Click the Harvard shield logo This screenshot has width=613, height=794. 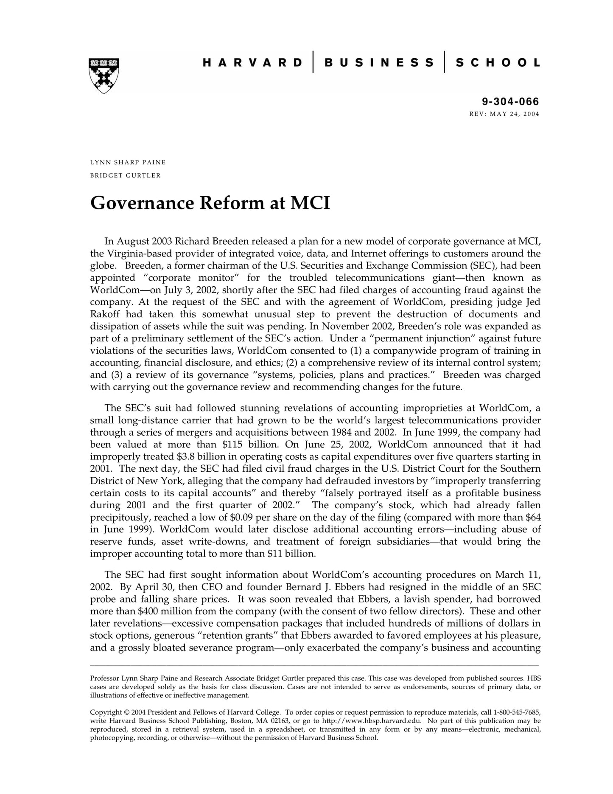pos(104,76)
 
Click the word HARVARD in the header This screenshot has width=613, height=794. pos(252,63)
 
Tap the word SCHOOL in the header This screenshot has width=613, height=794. pos(498,63)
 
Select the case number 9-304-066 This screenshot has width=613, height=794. pos(510,101)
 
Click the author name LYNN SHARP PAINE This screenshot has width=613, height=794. pos(128,162)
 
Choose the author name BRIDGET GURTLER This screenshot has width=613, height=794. pos(126,175)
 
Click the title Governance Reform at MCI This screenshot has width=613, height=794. pos(210,203)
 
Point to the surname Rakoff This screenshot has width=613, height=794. pos(105,314)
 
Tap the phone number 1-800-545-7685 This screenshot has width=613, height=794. pos(517,712)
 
